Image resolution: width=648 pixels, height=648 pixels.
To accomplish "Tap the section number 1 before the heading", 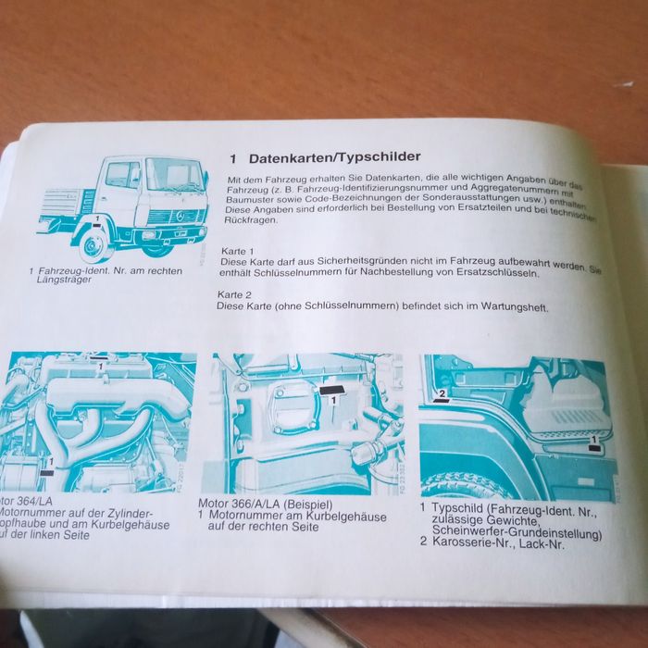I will (234, 158).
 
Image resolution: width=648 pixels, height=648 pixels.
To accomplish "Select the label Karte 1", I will (239, 252).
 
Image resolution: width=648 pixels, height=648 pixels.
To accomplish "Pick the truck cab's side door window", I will (122, 175).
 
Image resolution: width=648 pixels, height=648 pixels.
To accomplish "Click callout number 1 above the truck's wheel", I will (95, 217).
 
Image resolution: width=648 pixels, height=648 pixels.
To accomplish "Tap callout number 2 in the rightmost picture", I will (443, 393).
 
